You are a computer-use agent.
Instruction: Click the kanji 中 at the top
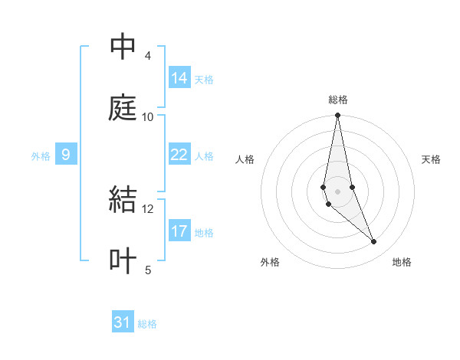[123, 47]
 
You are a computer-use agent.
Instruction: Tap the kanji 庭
[123, 108]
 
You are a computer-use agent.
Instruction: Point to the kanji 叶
[123, 260]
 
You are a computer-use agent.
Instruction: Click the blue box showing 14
[179, 78]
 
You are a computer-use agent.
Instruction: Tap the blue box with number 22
[179, 155]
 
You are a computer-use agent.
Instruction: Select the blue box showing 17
[179, 231]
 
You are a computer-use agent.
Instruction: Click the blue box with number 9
[66, 155]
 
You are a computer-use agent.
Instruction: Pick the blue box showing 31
[123, 322]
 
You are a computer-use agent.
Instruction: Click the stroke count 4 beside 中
[147, 56]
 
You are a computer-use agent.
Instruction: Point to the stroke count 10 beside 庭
[148, 116]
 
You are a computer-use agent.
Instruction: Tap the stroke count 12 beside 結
[148, 208]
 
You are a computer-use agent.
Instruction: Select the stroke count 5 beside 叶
[147, 269]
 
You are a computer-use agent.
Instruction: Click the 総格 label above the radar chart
[338, 100]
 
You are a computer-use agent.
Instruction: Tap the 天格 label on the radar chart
[432, 159]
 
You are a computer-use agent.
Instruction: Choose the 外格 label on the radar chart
[270, 262]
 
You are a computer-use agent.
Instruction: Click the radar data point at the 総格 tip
[338, 116]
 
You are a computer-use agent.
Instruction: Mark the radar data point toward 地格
[374, 242]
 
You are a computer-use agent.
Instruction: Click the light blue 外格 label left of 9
[41, 156]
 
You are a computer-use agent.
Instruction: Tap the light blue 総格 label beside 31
[147, 324]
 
